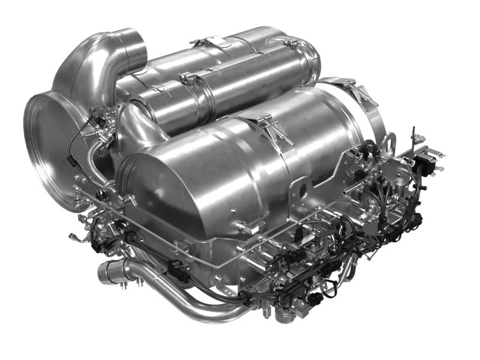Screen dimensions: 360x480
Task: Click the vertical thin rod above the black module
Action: pos(413,138)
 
